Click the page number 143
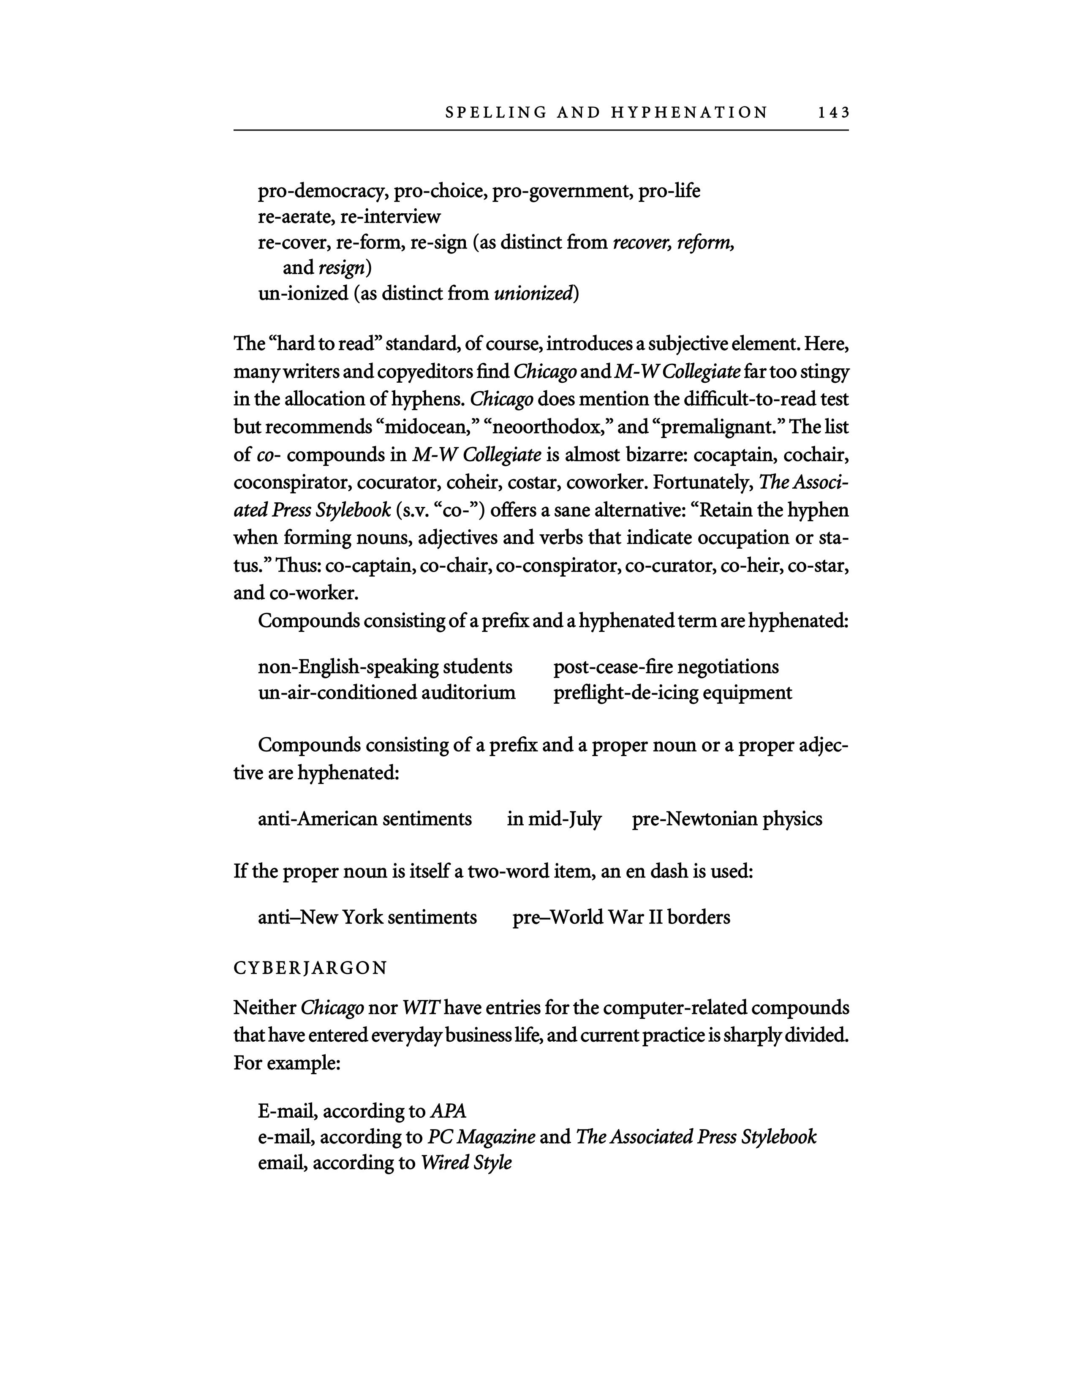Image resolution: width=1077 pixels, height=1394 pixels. (x=833, y=113)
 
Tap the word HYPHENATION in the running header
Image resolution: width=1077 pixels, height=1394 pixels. (x=689, y=113)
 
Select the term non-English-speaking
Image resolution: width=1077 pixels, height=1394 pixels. (x=348, y=667)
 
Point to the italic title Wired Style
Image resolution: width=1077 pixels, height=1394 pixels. (x=466, y=1163)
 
